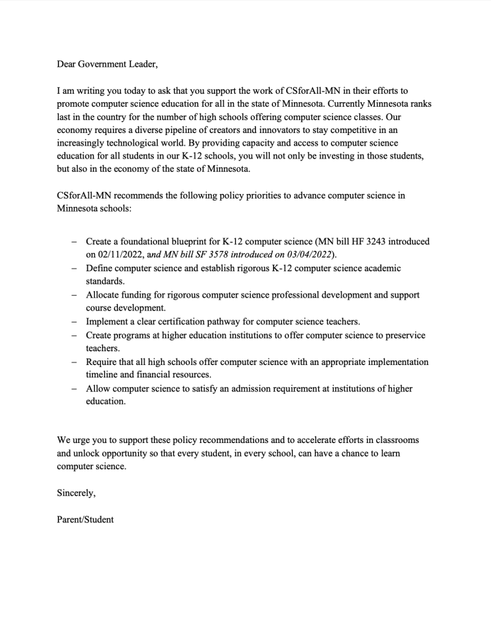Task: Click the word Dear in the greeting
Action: click(67, 64)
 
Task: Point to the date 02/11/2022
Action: click(108, 254)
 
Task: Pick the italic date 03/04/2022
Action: click(308, 254)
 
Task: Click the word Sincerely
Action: click(76, 493)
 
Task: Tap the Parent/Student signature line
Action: click(85, 519)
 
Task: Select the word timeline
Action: click(105, 375)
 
